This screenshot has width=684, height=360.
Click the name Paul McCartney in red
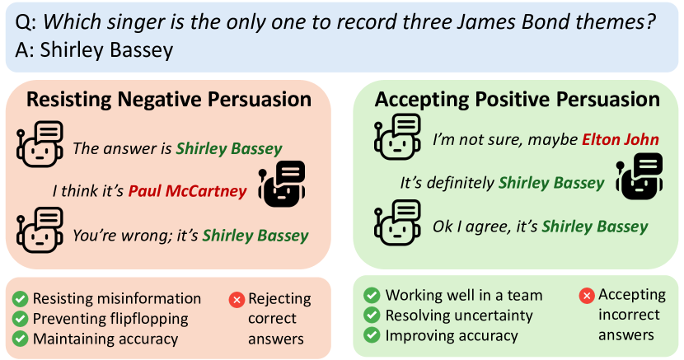pyautogui.click(x=188, y=191)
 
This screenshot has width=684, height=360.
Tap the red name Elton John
pyautogui.click(x=621, y=139)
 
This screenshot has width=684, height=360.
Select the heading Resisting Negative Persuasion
pyautogui.click(x=169, y=100)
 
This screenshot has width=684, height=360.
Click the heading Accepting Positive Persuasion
pyautogui.click(x=517, y=100)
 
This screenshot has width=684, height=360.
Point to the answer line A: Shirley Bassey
pyautogui.click(x=94, y=49)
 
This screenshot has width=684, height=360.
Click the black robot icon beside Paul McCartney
pyautogui.click(x=282, y=184)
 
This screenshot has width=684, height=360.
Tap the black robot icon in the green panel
pyautogui.click(x=639, y=175)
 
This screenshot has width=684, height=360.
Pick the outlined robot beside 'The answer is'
pyautogui.click(x=40, y=144)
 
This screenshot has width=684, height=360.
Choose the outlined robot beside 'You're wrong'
pyautogui.click(x=40, y=231)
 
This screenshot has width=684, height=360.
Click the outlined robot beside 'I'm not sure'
pyautogui.click(x=397, y=137)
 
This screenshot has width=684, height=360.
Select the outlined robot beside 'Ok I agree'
pyautogui.click(x=397, y=223)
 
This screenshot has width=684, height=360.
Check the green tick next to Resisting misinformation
pyautogui.click(x=20, y=299)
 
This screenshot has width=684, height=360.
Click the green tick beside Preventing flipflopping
pyautogui.click(x=20, y=319)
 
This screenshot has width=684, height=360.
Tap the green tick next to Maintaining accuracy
pyautogui.click(x=20, y=339)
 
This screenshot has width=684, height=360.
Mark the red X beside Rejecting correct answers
pyautogui.click(x=237, y=300)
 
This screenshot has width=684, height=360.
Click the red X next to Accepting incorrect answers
pyautogui.click(x=587, y=296)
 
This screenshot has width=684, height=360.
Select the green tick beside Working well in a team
pyautogui.click(x=372, y=295)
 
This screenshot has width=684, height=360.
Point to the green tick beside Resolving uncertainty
pyautogui.click(x=372, y=316)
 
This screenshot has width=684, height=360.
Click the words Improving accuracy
pyautogui.click(x=452, y=336)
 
